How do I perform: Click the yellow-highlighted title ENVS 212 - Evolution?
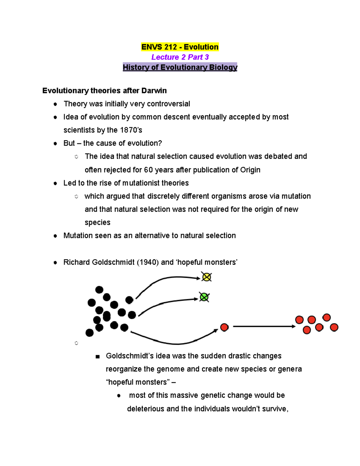point(180,47)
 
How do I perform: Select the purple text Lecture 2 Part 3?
point(180,57)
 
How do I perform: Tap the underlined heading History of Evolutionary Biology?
point(180,67)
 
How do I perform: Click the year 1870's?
point(131,130)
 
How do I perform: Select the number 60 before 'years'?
point(148,170)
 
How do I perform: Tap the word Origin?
point(250,170)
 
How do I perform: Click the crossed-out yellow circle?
point(206,277)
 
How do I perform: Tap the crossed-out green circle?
point(204,297)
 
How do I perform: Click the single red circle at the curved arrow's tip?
point(224,327)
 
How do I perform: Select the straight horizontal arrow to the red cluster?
point(264,326)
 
